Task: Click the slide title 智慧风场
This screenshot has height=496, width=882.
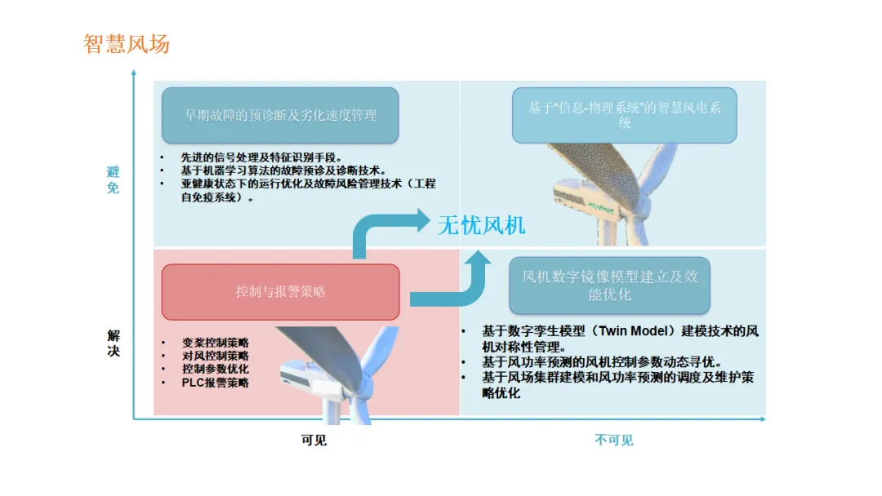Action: point(127,43)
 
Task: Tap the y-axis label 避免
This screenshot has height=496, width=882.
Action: point(114,179)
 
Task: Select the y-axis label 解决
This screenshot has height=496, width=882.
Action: point(114,343)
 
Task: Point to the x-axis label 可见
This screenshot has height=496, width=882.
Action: point(314,441)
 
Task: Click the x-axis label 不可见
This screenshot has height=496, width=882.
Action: point(613,441)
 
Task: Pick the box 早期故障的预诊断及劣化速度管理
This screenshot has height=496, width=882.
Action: point(280,115)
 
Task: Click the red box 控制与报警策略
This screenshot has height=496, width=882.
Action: point(280,291)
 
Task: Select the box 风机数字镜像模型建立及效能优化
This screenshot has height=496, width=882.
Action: point(609,286)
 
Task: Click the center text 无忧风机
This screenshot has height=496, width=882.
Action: point(482,224)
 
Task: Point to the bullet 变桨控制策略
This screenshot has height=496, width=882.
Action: point(216,343)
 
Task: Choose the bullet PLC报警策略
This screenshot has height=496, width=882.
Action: point(216,383)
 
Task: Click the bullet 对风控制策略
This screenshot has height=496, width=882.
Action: point(216,356)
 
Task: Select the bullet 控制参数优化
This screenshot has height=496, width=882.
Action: point(216,369)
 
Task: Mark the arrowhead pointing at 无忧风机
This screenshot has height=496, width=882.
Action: point(420,220)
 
